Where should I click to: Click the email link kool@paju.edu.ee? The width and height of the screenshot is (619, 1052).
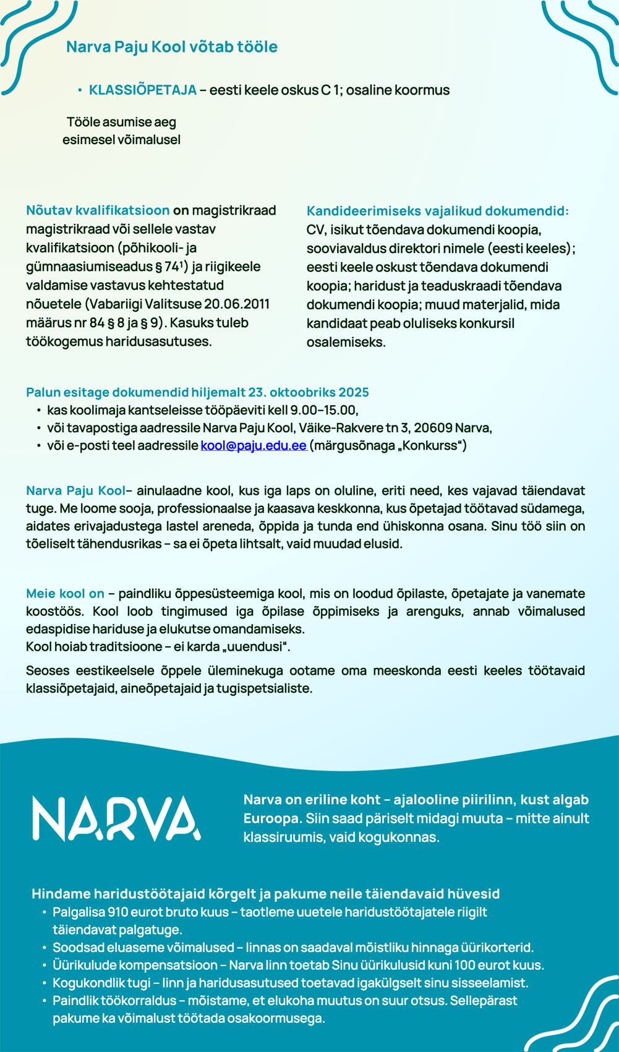tap(254, 445)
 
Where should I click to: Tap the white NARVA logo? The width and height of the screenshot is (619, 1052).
tap(116, 818)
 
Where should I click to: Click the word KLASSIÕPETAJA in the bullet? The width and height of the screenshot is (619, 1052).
tap(143, 90)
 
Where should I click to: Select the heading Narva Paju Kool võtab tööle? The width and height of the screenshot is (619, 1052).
tap(172, 47)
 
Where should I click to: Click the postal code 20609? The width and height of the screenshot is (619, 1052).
tap(433, 428)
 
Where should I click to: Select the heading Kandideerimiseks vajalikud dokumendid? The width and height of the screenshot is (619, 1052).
tap(438, 211)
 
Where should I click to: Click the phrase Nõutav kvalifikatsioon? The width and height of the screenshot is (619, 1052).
tap(98, 210)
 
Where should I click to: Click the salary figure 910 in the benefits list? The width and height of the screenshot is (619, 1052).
tap(117, 912)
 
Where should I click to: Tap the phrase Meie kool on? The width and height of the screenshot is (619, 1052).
tap(65, 594)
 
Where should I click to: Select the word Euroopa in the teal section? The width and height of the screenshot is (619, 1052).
tap(271, 818)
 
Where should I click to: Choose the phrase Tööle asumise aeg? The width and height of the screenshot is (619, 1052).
tap(121, 122)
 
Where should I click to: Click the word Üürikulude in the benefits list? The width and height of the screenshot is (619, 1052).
tap(82, 965)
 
